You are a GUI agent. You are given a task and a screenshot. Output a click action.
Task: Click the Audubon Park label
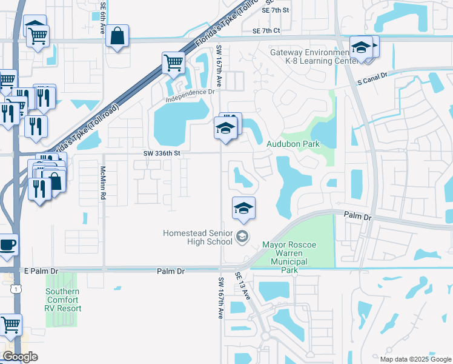click(293, 144)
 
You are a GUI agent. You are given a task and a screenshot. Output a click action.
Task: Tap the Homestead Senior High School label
click(197, 237)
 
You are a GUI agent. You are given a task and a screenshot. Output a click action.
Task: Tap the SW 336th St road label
click(162, 153)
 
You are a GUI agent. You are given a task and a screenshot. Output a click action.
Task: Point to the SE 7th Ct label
click(266, 30)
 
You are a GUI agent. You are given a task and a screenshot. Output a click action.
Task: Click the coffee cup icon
click(7, 244)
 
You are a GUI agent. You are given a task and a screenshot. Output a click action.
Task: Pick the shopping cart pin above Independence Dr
click(173, 62)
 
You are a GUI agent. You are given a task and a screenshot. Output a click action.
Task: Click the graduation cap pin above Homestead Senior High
click(243, 208)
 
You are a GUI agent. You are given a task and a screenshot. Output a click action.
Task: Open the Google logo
click(20, 357)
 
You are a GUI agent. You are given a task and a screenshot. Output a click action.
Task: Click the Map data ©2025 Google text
click(415, 359)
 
